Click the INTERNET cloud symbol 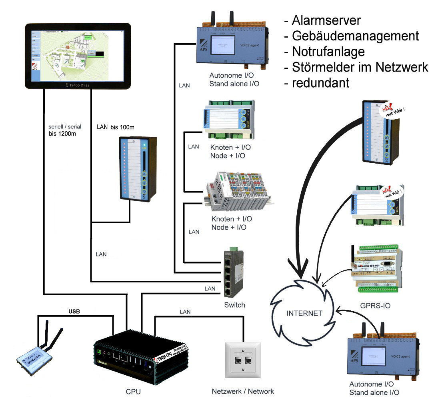point(304,313)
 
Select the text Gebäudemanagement point(355,36)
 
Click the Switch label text point(234,305)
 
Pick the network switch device point(234,274)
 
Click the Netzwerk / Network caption point(243,391)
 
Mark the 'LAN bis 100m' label point(116,127)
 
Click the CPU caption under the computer point(133,391)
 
